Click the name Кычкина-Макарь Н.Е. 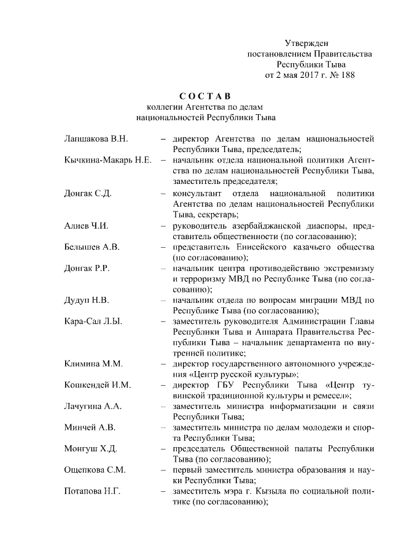[107, 160]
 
